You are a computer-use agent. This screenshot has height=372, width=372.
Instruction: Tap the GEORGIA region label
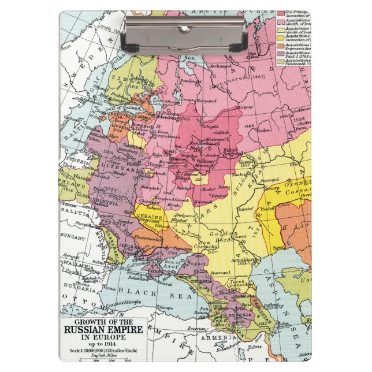(x=241, y=315)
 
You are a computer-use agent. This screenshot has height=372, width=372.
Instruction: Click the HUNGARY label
(x=73, y=236)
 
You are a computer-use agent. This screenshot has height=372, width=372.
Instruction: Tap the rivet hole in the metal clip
(x=184, y=28)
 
